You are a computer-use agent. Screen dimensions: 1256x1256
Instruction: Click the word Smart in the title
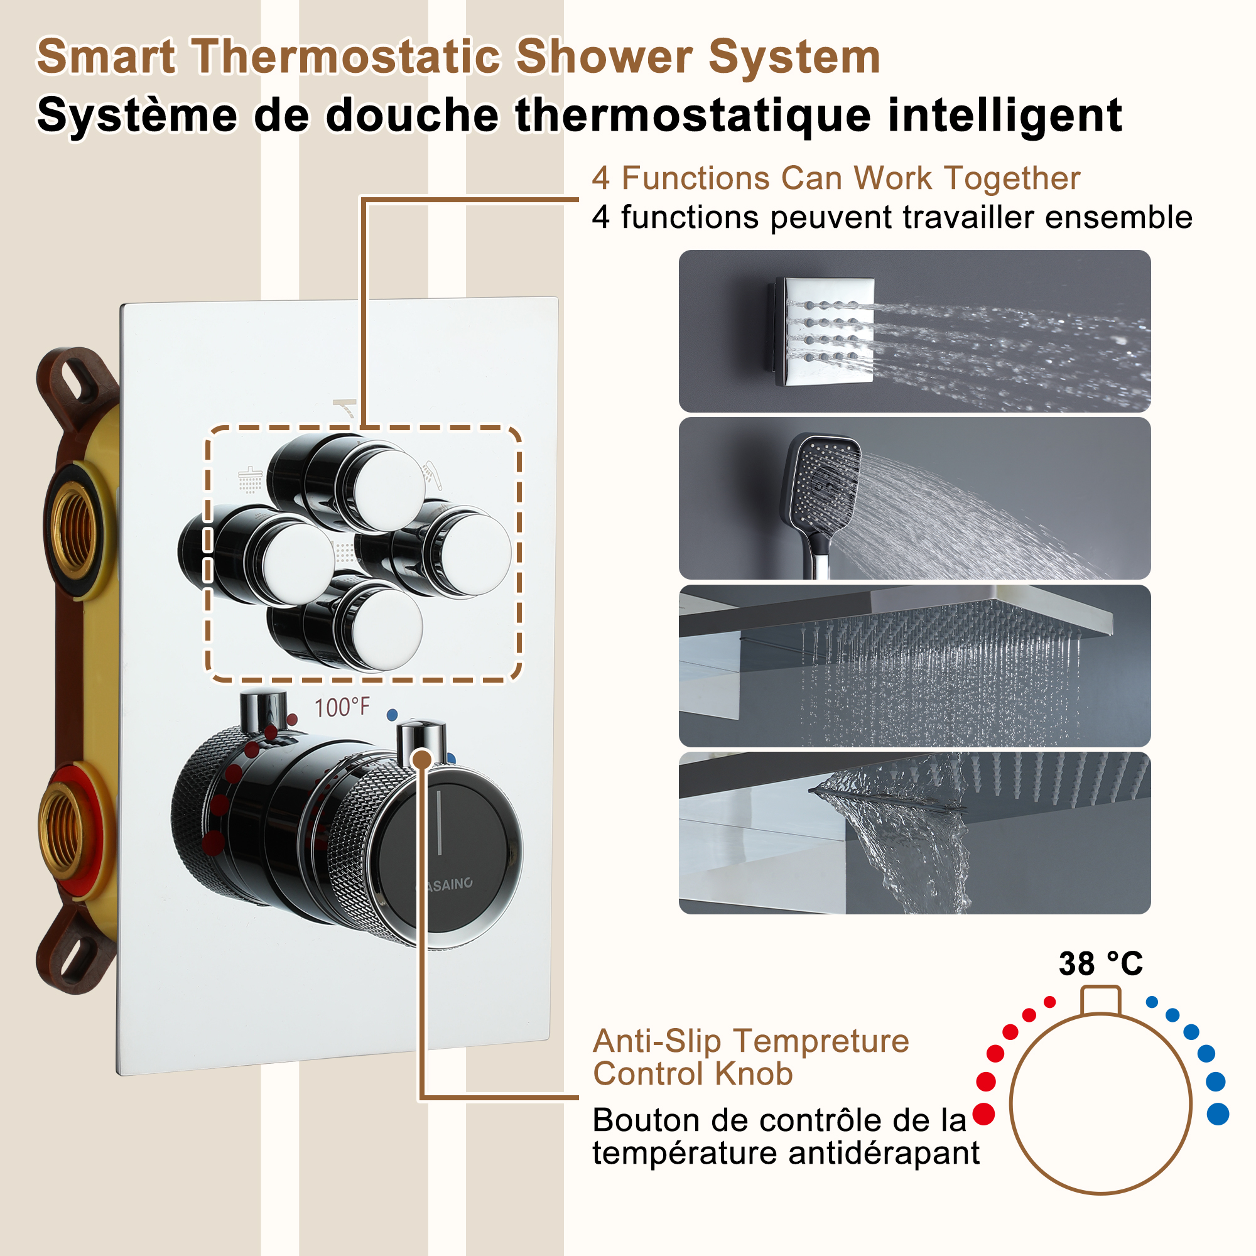pos(106,57)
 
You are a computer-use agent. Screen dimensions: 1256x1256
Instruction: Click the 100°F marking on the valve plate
pos(342,707)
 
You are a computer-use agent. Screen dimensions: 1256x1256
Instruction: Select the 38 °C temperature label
pos(1100,963)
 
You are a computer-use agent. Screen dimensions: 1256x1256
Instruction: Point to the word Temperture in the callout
pos(821,1041)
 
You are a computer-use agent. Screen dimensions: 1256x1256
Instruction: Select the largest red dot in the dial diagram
pos(983,1113)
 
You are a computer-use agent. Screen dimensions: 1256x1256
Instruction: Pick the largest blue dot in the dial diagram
pos(1218,1113)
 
